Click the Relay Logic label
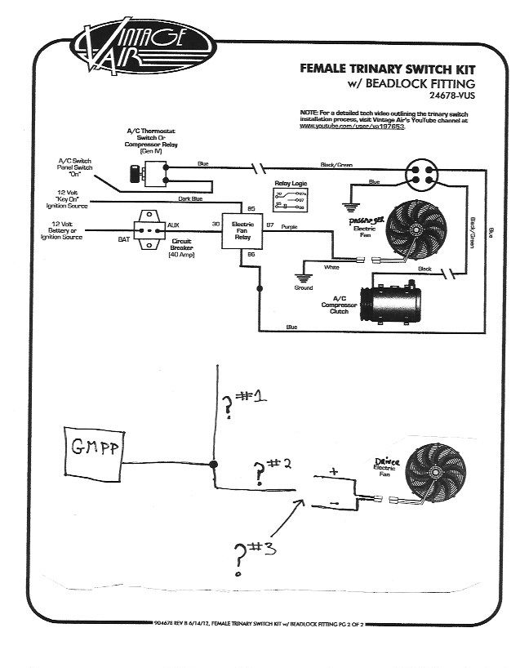pyautogui.click(x=289, y=185)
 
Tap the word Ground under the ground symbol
pyautogui.click(x=303, y=287)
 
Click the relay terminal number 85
pyautogui.click(x=251, y=208)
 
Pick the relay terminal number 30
pyautogui.click(x=216, y=223)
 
